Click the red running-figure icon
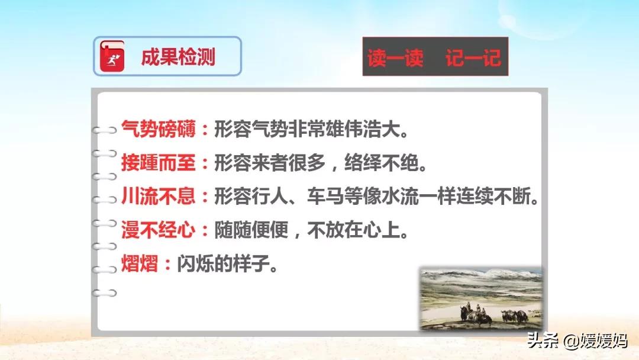[x=112, y=56]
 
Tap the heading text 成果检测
[x=178, y=57]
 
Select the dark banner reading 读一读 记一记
[x=435, y=56]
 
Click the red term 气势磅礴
[x=159, y=129]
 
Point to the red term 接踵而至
[x=159, y=163]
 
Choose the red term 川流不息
[x=159, y=197]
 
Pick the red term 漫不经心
[x=159, y=230]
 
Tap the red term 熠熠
[x=140, y=263]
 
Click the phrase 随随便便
[x=251, y=230]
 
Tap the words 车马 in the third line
[x=325, y=197]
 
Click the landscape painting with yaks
[x=481, y=299]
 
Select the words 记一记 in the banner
[x=473, y=57]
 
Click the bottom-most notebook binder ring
[x=105, y=292]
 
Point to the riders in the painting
[x=473, y=311]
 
